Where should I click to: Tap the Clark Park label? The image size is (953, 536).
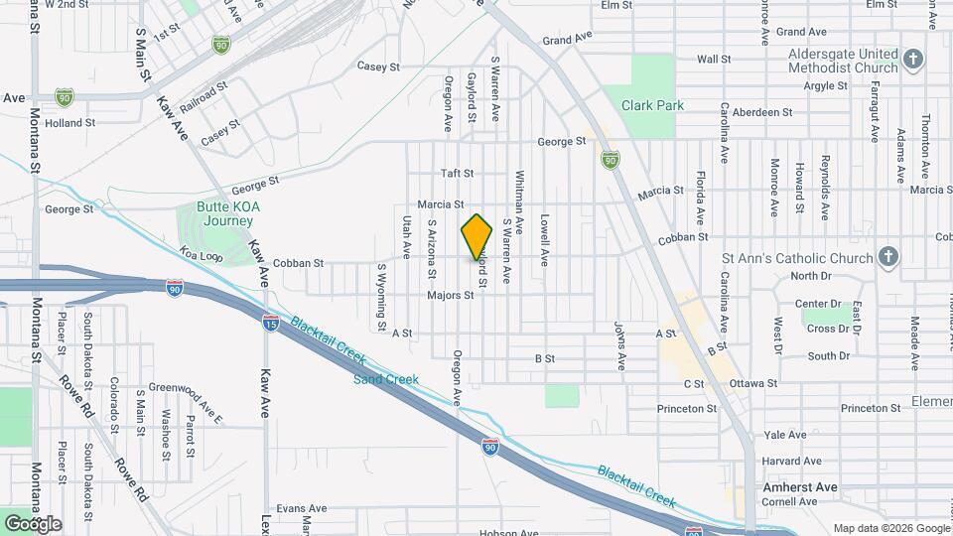(x=652, y=105)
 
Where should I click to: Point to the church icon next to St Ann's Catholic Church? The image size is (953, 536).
(x=888, y=258)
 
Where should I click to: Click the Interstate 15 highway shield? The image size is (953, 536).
(x=270, y=323)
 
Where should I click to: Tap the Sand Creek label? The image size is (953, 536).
(x=386, y=379)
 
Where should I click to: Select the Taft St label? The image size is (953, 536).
(x=459, y=173)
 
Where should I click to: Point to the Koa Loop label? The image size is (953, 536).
(x=201, y=257)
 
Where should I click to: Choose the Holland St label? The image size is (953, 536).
(x=69, y=124)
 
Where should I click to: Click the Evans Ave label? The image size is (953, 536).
(x=302, y=508)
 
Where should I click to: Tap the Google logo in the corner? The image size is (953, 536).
(x=32, y=524)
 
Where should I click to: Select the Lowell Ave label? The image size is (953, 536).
(x=544, y=240)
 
